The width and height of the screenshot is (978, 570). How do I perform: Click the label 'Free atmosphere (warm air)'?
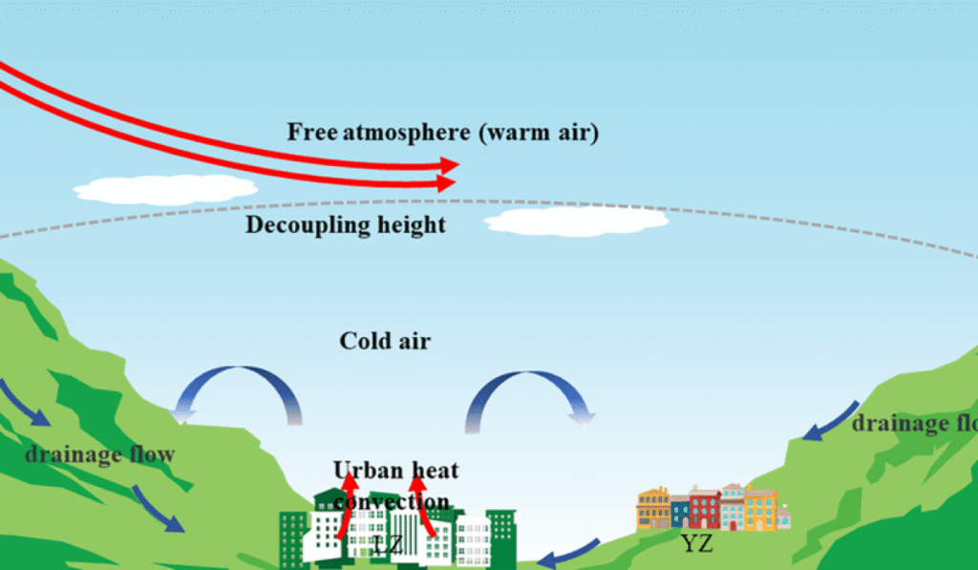tap(442, 132)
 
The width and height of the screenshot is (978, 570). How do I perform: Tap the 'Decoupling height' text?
tap(346, 225)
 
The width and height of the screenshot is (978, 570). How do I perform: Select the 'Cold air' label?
tap(385, 340)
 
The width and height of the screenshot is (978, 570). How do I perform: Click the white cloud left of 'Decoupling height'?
tap(164, 189)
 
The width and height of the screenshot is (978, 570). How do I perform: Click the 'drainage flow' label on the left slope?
tap(100, 453)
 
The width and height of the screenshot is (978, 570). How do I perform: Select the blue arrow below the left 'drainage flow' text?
tap(158, 510)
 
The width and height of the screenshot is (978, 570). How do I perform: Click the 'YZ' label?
tap(697, 544)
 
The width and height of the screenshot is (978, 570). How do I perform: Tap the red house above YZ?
tap(704, 509)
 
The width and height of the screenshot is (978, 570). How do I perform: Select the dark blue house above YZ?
tap(679, 513)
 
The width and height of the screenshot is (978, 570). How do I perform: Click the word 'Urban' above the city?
tap(364, 470)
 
